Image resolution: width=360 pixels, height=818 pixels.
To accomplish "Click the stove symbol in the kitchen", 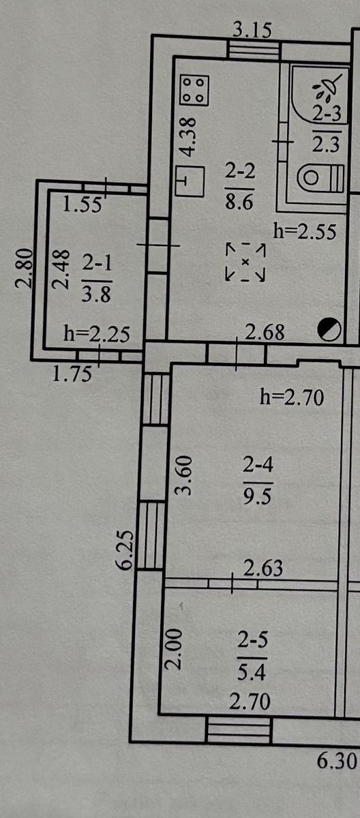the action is [x=195, y=90].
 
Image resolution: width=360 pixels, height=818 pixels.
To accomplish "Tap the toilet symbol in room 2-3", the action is [x=321, y=178].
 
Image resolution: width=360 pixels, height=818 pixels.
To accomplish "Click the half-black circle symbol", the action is [x=329, y=329].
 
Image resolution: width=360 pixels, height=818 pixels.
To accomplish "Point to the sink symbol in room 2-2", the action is [x=190, y=181].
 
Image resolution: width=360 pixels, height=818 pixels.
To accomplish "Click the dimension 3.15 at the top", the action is [x=252, y=30].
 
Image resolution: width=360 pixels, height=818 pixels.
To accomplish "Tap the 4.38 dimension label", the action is [x=190, y=136].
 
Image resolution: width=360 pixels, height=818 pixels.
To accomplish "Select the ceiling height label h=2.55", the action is [x=305, y=231].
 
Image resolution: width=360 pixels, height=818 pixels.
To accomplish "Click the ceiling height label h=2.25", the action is [x=97, y=333].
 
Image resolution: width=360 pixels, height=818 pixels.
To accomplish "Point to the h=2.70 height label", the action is [x=292, y=397].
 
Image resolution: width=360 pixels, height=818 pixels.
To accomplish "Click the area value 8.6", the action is [x=239, y=201].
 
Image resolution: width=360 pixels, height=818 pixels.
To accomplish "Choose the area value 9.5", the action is [x=258, y=496].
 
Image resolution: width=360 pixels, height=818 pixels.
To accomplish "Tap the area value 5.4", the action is [x=252, y=672].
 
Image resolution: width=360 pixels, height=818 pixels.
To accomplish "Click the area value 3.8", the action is [x=96, y=294].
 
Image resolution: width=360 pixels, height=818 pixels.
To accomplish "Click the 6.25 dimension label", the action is [x=125, y=549].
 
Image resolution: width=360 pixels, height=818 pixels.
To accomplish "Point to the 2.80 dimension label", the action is [x=24, y=268].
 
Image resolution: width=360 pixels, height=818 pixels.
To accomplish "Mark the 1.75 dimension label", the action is [x=72, y=374].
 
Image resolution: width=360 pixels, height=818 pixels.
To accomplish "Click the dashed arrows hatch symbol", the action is [x=245, y=262].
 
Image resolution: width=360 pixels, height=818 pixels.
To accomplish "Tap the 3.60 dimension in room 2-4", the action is [x=183, y=475].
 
